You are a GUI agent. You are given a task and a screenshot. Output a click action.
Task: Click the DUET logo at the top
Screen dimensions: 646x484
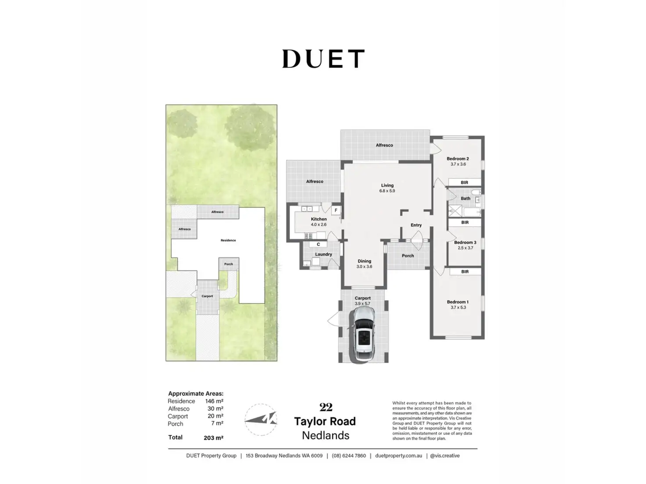point(323,59)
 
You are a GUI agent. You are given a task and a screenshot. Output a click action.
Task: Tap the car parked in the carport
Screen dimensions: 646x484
point(363,334)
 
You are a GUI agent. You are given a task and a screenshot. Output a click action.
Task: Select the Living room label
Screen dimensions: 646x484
point(387,185)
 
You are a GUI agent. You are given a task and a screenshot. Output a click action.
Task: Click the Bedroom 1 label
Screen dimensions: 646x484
point(458,302)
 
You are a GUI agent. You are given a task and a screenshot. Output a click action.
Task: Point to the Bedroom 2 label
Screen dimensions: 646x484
point(458,159)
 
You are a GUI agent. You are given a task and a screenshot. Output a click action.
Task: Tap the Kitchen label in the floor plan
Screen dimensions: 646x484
point(319,219)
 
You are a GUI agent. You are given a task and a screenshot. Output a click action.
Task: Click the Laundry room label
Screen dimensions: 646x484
point(323,254)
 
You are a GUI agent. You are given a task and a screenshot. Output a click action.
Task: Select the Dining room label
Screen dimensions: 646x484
point(364,261)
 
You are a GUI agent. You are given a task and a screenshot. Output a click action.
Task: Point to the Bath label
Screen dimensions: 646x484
point(466,199)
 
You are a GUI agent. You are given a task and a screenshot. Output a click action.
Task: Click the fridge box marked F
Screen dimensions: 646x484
point(336,210)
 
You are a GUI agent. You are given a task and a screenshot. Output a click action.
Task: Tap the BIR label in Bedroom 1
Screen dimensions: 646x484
point(465,272)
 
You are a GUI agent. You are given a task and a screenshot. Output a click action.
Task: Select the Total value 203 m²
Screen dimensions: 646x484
point(213,438)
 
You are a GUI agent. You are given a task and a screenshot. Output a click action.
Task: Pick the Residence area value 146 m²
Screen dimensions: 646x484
point(214,401)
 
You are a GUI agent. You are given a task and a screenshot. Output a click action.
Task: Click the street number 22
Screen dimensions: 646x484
point(326,407)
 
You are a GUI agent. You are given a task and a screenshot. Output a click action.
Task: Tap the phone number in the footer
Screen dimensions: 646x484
point(348,456)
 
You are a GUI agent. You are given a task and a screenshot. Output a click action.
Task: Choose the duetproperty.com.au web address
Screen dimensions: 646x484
point(398,456)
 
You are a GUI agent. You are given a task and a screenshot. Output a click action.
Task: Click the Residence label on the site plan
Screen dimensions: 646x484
point(228,240)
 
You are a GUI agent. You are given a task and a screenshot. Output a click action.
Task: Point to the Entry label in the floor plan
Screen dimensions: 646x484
point(416,225)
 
